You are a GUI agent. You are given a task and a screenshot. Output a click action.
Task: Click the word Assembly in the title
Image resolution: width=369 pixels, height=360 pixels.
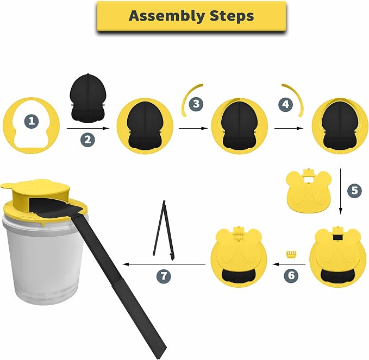167,16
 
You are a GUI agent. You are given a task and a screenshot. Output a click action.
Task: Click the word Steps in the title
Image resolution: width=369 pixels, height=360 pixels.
232,16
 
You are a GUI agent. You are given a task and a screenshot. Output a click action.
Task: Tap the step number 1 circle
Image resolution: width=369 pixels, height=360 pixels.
32,121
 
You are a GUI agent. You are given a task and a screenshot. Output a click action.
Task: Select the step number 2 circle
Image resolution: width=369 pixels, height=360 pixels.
87,140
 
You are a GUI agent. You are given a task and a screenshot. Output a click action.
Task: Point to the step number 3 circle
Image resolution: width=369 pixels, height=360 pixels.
196,104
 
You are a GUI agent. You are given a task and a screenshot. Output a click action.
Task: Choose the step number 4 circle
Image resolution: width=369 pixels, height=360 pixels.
285,104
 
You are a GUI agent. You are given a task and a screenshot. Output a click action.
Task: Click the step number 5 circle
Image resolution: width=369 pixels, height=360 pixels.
354,190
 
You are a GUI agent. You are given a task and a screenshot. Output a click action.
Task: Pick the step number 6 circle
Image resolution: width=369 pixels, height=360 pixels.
291,275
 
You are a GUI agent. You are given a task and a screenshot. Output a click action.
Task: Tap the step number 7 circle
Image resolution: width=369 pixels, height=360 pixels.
164,276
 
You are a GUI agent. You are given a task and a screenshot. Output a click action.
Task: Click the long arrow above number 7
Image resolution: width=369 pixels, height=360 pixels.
164,264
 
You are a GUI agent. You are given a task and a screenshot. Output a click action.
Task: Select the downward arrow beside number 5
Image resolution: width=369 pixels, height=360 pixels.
340,191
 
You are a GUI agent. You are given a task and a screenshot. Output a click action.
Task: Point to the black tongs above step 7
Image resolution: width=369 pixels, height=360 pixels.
164,230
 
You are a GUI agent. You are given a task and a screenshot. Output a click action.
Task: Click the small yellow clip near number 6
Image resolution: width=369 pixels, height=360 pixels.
291,255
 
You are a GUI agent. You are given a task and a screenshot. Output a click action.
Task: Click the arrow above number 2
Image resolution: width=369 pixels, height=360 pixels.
88,128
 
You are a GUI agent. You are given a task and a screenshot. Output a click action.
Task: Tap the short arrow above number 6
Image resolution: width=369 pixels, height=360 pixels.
289,264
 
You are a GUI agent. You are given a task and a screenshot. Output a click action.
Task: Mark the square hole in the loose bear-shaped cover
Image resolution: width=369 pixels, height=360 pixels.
309,180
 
